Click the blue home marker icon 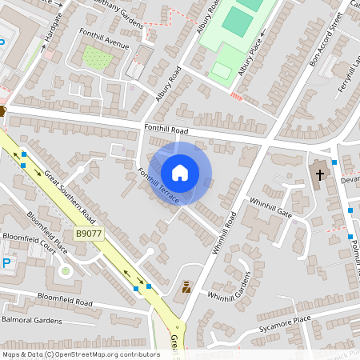(180, 172)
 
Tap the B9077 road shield (90, 233)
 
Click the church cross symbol (319, 174)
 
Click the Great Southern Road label (70, 196)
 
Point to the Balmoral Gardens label (31, 320)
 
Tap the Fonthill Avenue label (105, 40)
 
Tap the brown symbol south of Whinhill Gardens (187, 286)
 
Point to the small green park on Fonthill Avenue (97, 58)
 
